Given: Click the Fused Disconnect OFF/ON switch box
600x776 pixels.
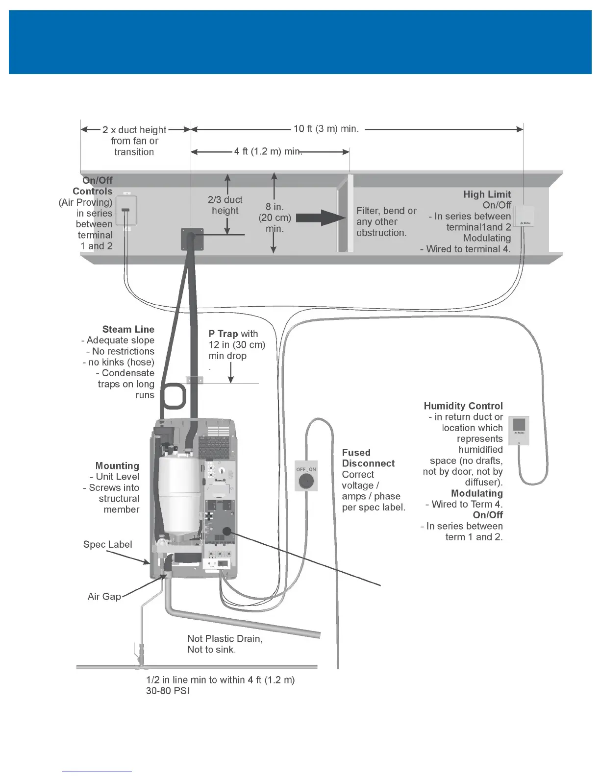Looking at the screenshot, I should (306, 476).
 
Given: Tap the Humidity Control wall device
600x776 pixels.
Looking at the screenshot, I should (519, 430).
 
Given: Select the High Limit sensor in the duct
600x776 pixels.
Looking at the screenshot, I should (525, 216).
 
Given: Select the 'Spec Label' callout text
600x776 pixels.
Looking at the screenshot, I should (107, 544).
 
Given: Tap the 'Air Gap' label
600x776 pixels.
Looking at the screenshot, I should (104, 596).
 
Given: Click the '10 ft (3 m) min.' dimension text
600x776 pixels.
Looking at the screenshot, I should (326, 129).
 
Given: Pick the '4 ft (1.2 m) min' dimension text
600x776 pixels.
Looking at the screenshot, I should (267, 151).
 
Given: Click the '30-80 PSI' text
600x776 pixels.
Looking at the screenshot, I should (168, 691).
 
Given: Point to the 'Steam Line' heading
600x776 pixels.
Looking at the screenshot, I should (128, 329).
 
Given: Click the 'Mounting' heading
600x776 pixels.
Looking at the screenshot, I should (117, 465).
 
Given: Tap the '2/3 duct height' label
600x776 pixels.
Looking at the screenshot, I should (225, 205).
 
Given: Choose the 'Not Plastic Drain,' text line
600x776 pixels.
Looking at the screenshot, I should (225, 638).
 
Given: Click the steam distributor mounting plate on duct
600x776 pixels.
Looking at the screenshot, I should (192, 239).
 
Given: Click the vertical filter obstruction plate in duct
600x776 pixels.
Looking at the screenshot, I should (345, 213).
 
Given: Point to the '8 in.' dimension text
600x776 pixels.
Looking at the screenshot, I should (275, 207).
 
